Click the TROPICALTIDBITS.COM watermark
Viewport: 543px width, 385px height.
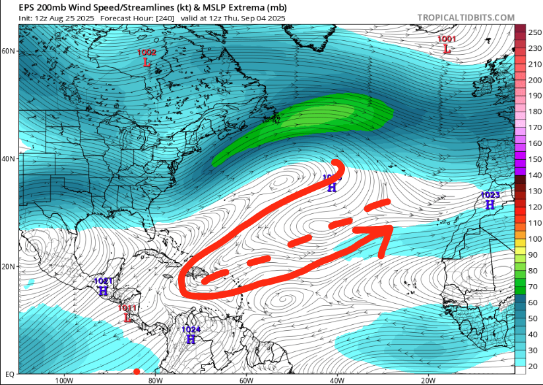pos(466,18)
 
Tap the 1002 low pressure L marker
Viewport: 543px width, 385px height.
pos(146,63)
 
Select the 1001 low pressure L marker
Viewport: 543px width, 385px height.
pos(447,49)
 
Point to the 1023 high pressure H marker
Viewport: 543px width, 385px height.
pos(490,205)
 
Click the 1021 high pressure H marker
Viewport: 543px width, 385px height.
pos(104,291)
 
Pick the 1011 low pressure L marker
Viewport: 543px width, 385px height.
pos(127,318)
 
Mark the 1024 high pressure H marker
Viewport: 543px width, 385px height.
pos(191,339)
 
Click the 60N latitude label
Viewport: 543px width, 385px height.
pos(9,51)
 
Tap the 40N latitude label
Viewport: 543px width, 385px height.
pos(9,159)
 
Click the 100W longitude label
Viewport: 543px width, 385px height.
pos(63,380)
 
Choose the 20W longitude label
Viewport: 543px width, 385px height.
pos(428,380)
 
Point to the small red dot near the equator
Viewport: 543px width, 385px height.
pos(137,372)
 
